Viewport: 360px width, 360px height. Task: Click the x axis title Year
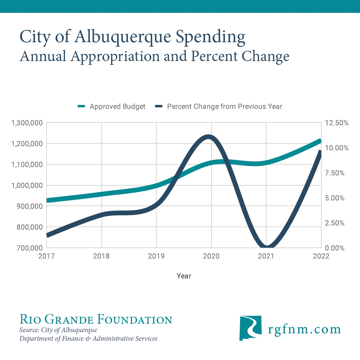[184, 276]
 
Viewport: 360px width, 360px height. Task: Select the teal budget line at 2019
[156, 185]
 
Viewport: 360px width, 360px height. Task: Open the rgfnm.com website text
[304, 329]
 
